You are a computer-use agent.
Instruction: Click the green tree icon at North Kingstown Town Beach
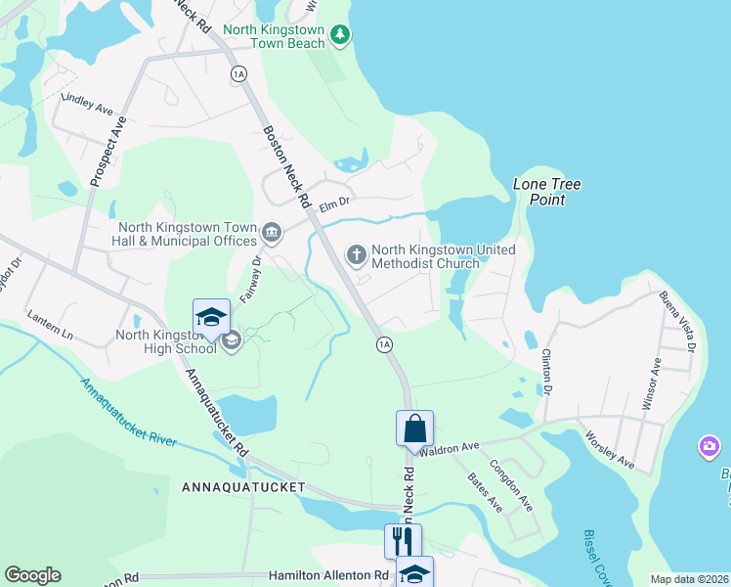pyautogui.click(x=340, y=36)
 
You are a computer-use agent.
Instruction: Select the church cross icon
pyautogui.click(x=357, y=255)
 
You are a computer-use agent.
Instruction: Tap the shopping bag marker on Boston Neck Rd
pyautogui.click(x=414, y=428)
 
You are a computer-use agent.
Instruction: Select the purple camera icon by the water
pyautogui.click(x=709, y=448)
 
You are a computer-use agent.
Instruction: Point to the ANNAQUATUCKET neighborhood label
pyautogui.click(x=243, y=486)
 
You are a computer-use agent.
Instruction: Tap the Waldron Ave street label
pyautogui.click(x=450, y=447)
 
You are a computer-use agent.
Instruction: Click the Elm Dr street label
pyautogui.click(x=334, y=201)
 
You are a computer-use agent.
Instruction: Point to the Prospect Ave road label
pyautogui.click(x=107, y=153)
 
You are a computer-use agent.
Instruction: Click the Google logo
pyautogui.click(x=32, y=575)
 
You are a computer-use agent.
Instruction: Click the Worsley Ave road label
pyautogui.click(x=610, y=449)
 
